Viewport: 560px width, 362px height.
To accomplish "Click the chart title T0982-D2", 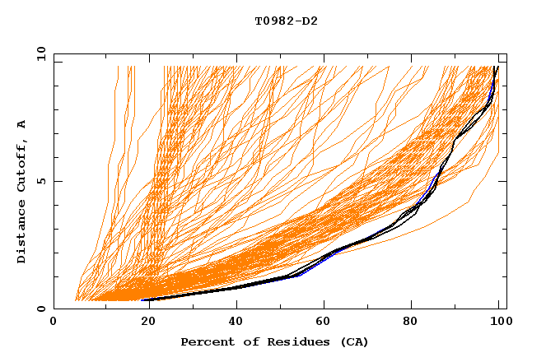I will [x=286, y=21].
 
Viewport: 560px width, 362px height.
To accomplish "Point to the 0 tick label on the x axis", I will [x=54, y=323].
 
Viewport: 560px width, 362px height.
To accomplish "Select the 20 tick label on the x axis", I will [x=143, y=323].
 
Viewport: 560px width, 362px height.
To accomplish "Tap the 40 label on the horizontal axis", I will [x=233, y=323].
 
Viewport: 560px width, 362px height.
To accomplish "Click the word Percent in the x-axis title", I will [x=206, y=341].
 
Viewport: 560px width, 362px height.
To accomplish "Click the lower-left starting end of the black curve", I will [x=142, y=300].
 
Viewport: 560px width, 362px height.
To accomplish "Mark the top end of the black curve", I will [x=497, y=67].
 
